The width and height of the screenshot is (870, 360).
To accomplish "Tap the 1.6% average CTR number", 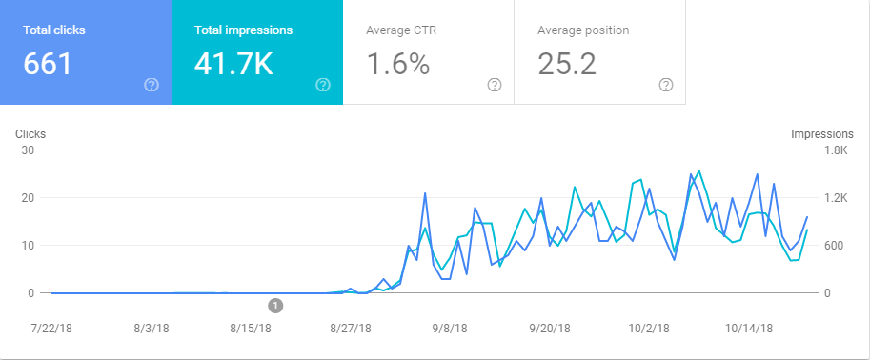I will (397, 64).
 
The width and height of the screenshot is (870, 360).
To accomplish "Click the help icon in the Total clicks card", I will (152, 85).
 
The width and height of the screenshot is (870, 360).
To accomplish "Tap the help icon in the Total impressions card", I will (323, 85).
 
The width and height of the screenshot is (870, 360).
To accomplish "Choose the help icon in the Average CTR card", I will (495, 85).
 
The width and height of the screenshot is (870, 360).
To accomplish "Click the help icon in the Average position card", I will (666, 85).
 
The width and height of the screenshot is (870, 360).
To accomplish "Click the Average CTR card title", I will (401, 30).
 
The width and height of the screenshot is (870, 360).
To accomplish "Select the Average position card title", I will (583, 30).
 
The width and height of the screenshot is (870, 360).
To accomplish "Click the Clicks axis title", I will (30, 134).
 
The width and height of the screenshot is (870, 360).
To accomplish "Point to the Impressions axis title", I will (821, 134).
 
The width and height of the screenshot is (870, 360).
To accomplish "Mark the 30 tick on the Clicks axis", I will (29, 150).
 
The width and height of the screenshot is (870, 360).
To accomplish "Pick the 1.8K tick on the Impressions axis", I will (835, 150).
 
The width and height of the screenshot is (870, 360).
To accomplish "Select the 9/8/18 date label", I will (450, 328).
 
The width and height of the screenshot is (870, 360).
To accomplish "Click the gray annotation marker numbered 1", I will (275, 306).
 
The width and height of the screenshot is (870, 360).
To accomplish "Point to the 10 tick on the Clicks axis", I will (29, 246).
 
